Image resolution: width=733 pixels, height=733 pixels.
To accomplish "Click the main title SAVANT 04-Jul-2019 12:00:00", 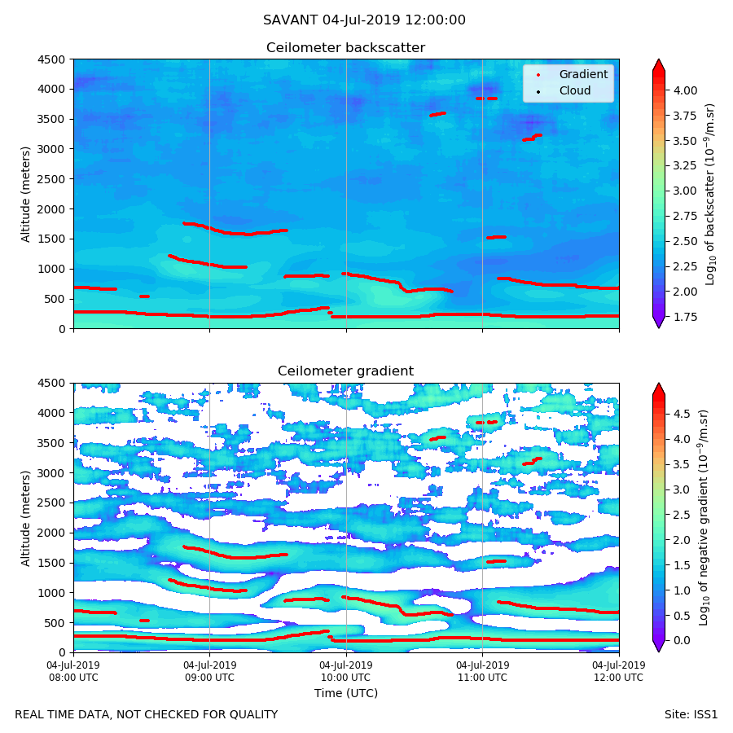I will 364,20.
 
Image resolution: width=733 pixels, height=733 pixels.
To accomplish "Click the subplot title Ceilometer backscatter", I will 345,48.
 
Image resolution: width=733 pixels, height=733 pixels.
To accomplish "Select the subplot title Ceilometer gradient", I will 345,371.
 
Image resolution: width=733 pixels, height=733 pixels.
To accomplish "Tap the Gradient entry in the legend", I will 582,74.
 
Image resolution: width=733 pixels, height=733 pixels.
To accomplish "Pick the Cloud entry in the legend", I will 574,90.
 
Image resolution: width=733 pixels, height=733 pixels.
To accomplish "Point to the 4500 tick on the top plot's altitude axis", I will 53,59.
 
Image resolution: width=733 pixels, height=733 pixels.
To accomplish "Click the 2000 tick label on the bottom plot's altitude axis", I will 53,533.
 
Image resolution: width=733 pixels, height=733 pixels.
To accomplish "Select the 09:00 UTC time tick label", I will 209,671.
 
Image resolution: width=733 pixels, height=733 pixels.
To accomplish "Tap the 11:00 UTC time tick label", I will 482,671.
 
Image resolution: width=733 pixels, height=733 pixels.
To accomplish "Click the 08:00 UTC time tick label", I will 73,671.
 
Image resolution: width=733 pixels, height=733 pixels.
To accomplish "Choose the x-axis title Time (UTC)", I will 345,693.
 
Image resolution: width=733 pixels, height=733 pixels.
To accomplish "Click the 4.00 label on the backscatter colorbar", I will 686,90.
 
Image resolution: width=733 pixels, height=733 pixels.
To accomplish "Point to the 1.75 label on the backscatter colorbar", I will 686,316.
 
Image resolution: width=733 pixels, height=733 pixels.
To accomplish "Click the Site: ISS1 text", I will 691,714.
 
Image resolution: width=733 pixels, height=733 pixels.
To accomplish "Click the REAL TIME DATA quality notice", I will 146,714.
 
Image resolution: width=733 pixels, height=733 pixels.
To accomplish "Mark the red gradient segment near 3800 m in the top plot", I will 486,99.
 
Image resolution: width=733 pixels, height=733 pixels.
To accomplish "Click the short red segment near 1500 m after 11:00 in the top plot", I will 496,237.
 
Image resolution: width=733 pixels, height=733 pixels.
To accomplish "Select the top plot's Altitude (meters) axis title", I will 26,194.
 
